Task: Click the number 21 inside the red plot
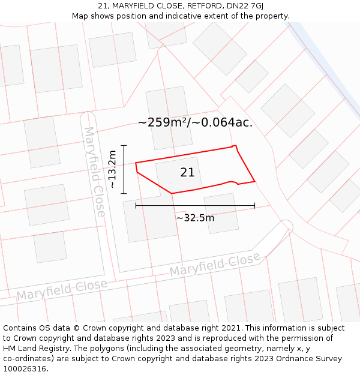pyautogui.click(x=187, y=173)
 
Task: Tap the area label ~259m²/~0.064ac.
pyautogui.click(x=195, y=123)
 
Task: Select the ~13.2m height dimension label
pyautogui.click(x=112, y=170)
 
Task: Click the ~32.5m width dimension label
pyautogui.click(x=195, y=218)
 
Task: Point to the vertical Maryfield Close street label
pyautogui.click(x=95, y=172)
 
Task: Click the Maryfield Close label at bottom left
pyautogui.click(x=62, y=290)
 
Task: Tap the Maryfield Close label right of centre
pyautogui.click(x=215, y=265)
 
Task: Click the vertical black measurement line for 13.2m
pyautogui.click(x=124, y=169)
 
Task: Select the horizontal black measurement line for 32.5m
pyautogui.click(x=195, y=205)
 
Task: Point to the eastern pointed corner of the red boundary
pyautogui.click(x=255, y=181)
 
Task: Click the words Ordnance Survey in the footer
pyautogui.click(x=314, y=359)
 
